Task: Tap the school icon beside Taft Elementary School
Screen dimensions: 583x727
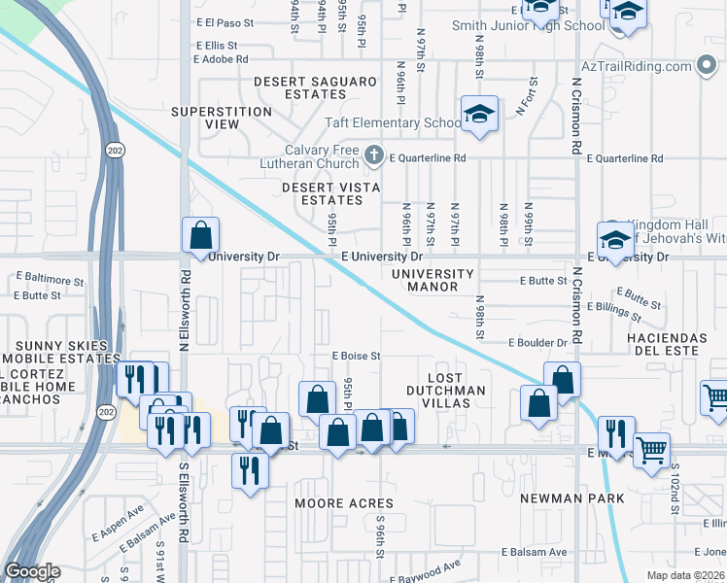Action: click(x=479, y=115)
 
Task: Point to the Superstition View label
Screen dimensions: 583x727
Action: click(x=221, y=119)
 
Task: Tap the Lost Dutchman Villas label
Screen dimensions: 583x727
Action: click(x=457, y=383)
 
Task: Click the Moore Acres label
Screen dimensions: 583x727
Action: click(x=345, y=503)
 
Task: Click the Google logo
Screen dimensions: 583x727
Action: click(x=32, y=571)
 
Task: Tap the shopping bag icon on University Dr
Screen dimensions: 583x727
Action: click(x=200, y=235)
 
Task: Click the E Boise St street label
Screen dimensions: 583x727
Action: click(x=356, y=357)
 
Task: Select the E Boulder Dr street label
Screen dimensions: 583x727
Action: click(x=537, y=343)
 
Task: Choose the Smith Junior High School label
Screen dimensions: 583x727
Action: click(x=515, y=26)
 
